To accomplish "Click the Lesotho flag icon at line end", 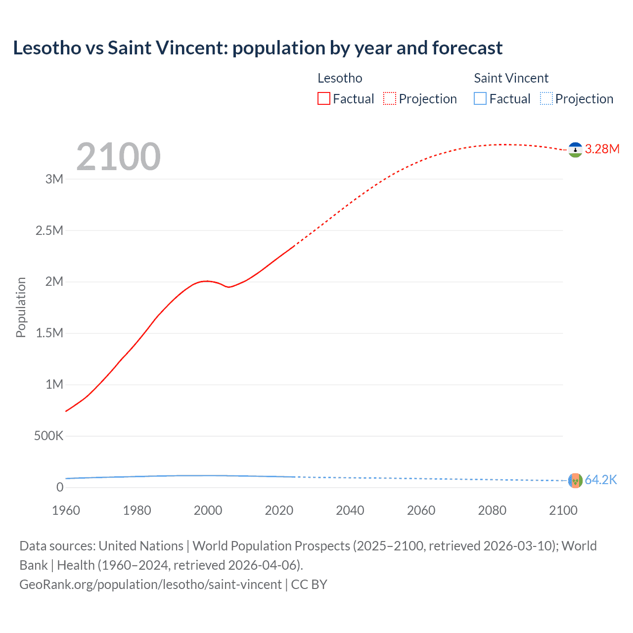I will point(575,149).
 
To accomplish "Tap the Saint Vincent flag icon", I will point(575,480).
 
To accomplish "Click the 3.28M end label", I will point(602,149).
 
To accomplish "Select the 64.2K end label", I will point(601,480).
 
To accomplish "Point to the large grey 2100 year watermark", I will point(118,157).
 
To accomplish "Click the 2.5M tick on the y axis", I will point(49,230).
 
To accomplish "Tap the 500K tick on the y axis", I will point(48,436).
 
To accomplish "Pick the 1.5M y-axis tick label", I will point(49,333).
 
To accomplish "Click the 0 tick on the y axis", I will point(60,488).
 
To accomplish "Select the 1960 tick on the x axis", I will point(66,511).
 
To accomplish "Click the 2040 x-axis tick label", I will point(350,511).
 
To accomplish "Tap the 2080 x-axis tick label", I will point(492,511).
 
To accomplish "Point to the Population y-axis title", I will point(21,308).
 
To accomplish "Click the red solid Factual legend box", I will point(324,99).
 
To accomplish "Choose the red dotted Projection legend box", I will point(390,99).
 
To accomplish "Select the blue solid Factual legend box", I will point(480,99).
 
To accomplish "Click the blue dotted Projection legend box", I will point(546,99).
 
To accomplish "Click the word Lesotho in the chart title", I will point(47,48).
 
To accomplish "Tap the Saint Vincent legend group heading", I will point(511,78).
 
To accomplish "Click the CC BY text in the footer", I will point(309,585).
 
